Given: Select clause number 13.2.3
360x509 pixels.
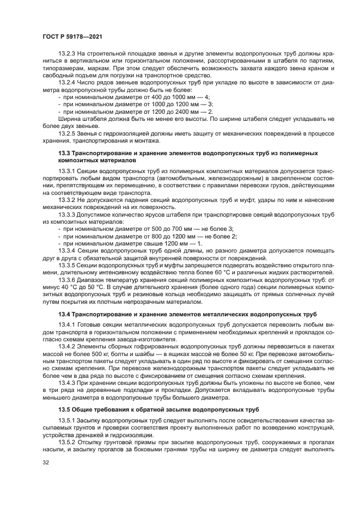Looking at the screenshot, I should click(67, 53).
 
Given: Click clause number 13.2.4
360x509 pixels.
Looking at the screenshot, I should click(67, 82).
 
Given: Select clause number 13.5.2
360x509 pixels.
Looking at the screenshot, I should click(67, 442).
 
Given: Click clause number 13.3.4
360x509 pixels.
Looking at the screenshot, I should click(67, 251).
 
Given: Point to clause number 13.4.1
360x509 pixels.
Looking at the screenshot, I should click(67, 325).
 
